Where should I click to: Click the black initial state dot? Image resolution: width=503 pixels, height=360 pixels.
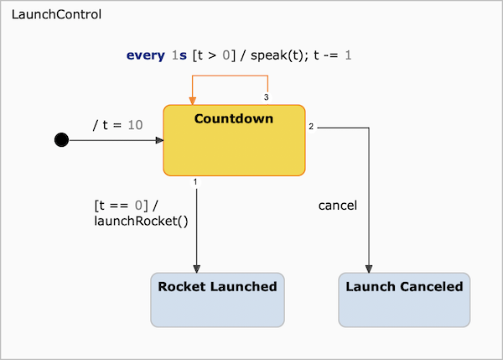coord(61,140)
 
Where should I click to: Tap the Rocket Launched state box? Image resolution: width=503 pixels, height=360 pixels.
coord(217,300)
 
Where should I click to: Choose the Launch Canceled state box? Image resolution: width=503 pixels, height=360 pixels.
coord(404,300)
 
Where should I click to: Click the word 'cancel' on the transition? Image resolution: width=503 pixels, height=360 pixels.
coord(338,205)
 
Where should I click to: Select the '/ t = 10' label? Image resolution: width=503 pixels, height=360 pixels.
coord(117,125)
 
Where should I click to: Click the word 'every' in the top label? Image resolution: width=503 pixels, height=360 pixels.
coord(145,55)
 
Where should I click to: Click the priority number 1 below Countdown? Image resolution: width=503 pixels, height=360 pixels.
coord(194,181)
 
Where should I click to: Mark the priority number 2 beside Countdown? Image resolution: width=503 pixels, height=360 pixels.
coord(311,127)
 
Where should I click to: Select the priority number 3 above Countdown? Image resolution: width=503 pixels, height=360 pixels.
coord(267,98)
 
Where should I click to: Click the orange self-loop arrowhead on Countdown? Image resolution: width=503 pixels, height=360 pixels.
coord(192,100)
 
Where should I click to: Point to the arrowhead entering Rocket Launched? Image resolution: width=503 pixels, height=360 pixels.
coord(196,269)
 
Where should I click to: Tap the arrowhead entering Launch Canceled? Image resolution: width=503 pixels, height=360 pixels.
coord(370,269)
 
